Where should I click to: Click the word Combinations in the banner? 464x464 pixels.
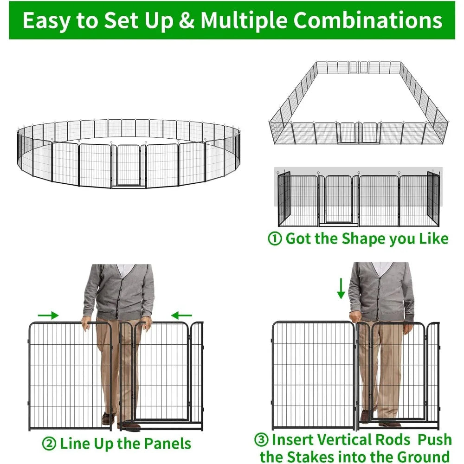pos(368,21)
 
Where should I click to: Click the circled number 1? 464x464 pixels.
pos(275,239)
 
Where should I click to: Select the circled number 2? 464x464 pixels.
pos(49,444)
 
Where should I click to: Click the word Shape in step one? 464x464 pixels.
pos(362,239)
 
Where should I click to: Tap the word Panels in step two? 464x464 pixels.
pos(167,444)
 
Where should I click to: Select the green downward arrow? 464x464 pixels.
pos(341,288)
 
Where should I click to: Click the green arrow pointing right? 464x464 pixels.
pos(48,316)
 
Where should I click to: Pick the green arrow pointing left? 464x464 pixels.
pos(181,316)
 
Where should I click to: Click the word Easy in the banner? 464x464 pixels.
pos(45,21)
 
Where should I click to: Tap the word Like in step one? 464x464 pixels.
pos(433,239)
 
